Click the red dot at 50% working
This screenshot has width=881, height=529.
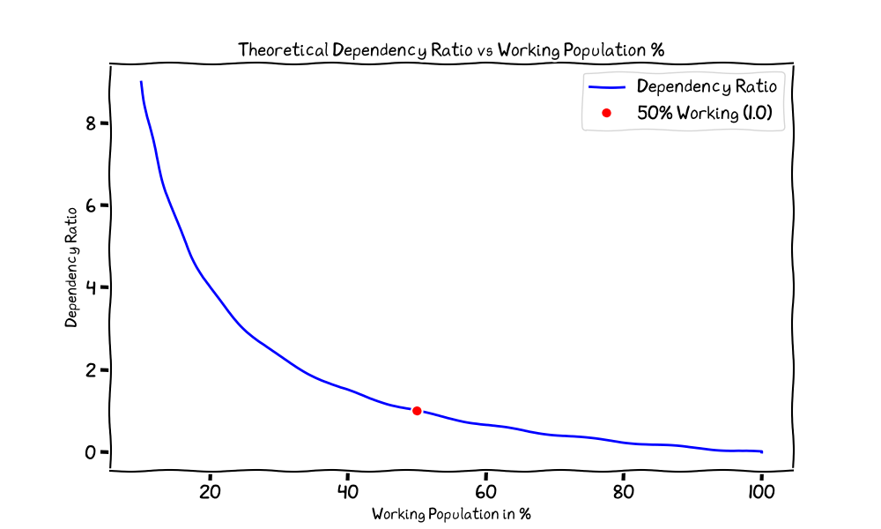tap(417, 411)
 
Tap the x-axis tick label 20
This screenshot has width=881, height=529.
tap(210, 493)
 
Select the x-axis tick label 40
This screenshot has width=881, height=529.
tap(348, 493)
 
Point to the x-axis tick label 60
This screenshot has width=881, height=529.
tap(485, 493)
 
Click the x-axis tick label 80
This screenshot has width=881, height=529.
tap(624, 493)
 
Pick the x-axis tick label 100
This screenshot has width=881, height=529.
tap(761, 493)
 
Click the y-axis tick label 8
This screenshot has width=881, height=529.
tap(91, 123)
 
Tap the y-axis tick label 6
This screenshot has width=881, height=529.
tap(91, 205)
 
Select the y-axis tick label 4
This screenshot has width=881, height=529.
tap(91, 287)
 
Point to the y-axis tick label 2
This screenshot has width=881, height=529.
tap(91, 370)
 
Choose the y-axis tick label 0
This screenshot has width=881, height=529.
tap(91, 452)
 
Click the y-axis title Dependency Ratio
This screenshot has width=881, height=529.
tap(70, 268)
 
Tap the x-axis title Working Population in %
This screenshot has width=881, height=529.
tap(451, 514)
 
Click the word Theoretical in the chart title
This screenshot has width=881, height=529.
tap(283, 50)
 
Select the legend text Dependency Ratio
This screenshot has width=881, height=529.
tap(707, 86)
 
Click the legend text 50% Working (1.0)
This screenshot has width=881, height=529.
tap(705, 113)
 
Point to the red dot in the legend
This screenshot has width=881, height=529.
tap(606, 113)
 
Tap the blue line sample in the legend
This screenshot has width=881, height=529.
tap(607, 87)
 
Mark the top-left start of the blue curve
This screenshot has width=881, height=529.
tap(141, 82)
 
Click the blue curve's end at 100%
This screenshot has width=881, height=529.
tap(762, 452)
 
